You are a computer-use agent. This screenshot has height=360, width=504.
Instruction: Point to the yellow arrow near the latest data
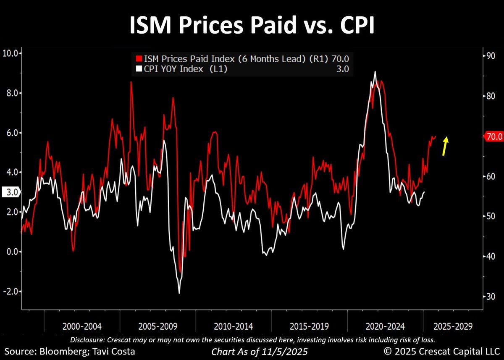click(x=445, y=146)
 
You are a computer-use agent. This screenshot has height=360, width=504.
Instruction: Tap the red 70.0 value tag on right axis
click(x=493, y=136)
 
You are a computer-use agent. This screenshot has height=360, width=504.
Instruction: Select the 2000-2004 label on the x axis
click(x=82, y=326)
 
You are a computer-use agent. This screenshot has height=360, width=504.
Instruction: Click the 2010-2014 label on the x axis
click(x=234, y=326)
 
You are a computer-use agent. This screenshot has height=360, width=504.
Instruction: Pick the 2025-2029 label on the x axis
click(x=453, y=326)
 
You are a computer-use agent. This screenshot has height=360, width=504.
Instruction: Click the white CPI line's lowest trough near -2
click(x=179, y=293)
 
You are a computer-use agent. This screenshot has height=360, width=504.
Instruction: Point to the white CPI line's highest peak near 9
click(x=375, y=72)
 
